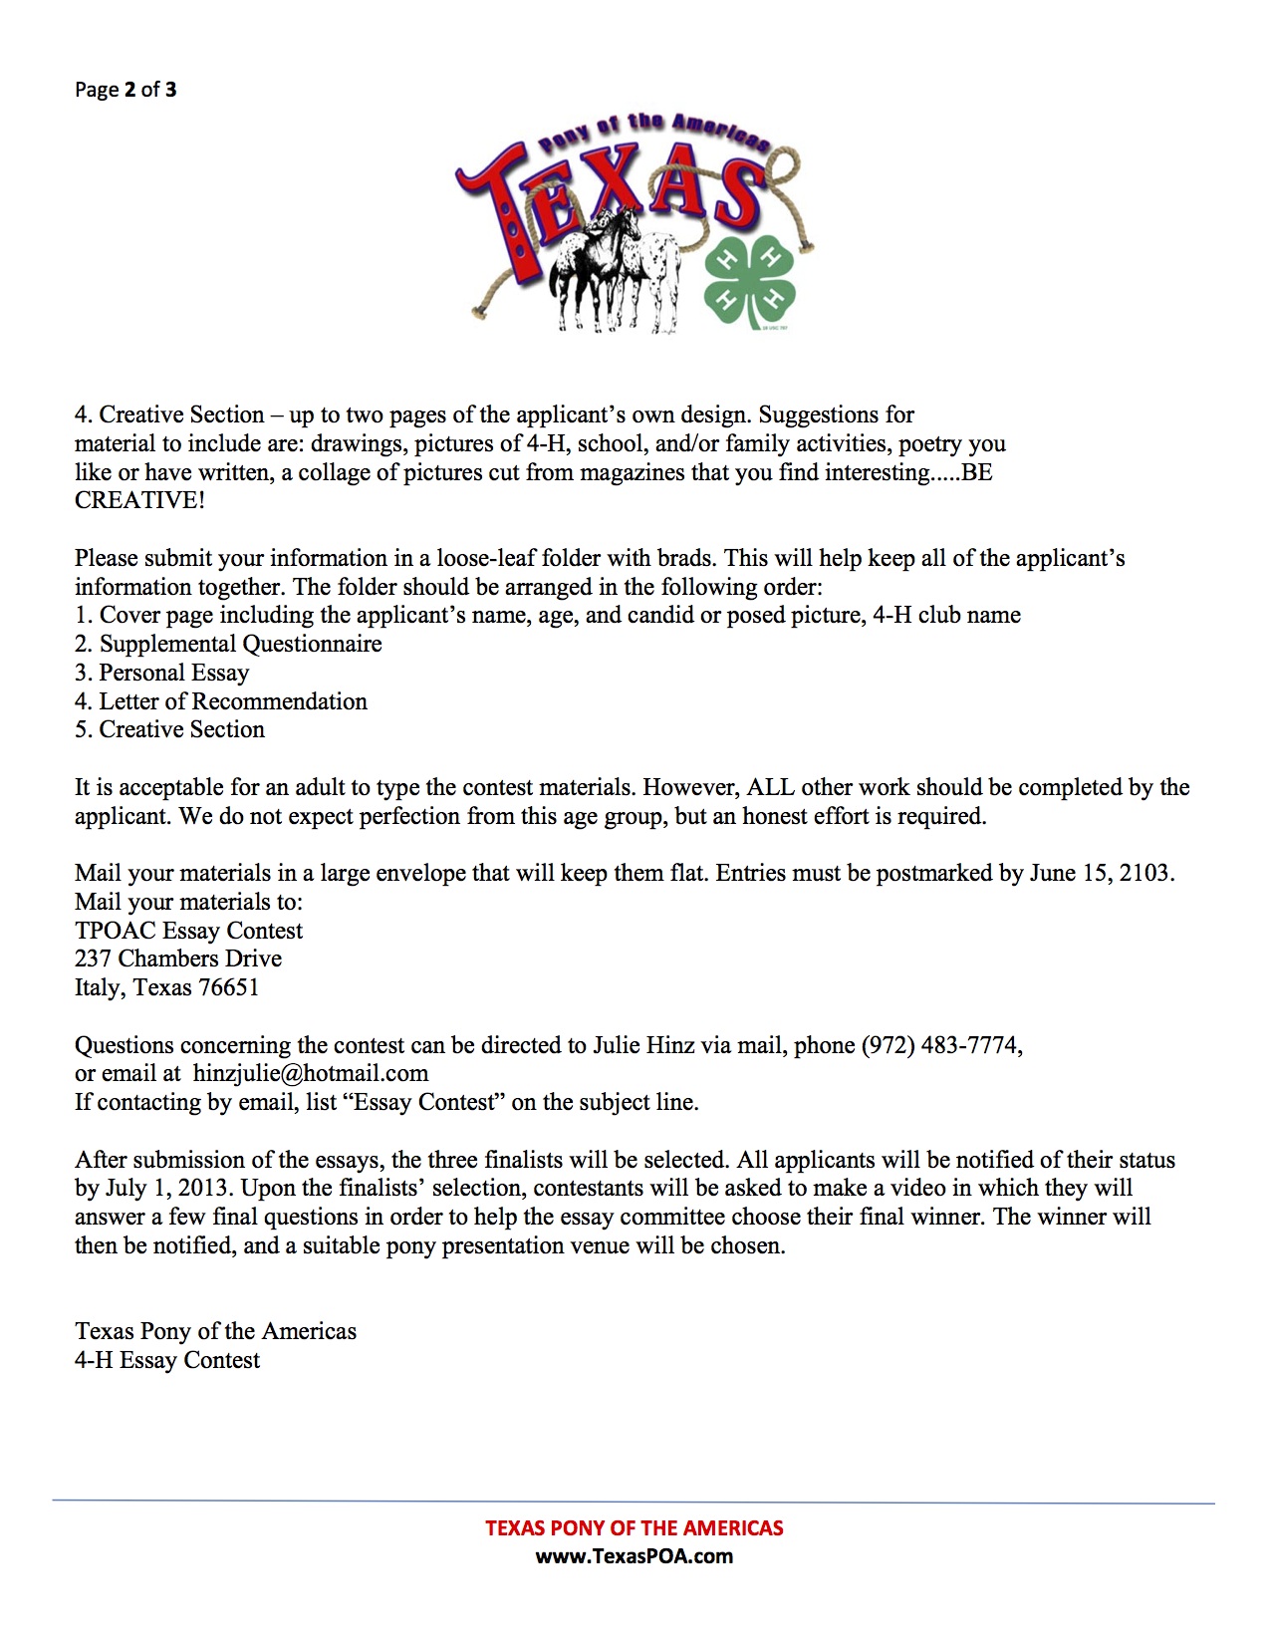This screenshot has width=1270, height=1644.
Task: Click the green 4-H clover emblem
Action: [750, 282]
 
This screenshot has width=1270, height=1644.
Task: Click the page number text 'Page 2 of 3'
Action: [126, 90]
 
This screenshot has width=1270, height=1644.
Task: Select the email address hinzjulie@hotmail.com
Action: [311, 1074]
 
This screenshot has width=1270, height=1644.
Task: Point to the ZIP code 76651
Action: [228, 987]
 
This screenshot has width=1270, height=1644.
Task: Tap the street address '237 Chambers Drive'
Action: [178, 959]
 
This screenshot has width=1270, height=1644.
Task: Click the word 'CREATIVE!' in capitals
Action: [139, 500]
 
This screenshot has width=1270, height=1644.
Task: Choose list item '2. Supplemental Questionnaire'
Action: [228, 644]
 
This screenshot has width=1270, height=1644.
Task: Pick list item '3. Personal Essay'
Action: [161, 673]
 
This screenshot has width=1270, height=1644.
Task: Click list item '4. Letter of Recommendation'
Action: [221, 701]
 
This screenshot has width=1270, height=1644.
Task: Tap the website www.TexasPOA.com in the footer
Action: [635, 1556]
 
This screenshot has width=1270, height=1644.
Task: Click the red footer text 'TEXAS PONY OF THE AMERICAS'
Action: [635, 1527]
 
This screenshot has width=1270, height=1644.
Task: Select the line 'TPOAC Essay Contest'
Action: [188, 931]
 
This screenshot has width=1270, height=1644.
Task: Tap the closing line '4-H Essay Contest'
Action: [167, 1360]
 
